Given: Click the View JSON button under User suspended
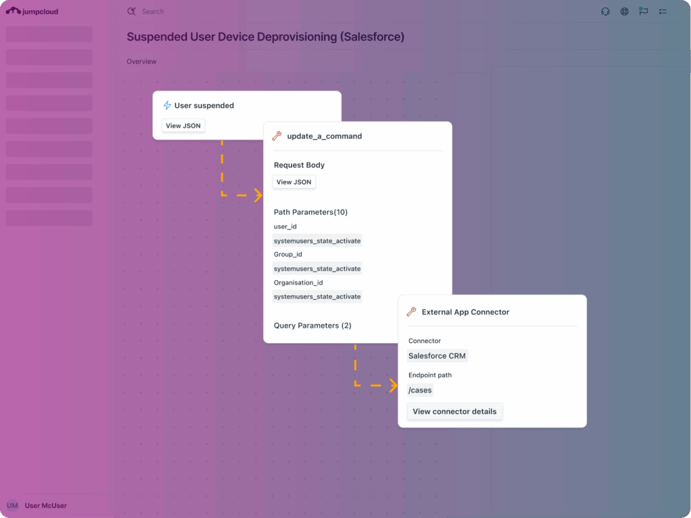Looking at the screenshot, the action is [x=183, y=126].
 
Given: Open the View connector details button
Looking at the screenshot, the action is [x=454, y=412].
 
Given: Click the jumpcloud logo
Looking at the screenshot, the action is [x=32, y=11].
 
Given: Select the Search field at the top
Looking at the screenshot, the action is [x=153, y=11].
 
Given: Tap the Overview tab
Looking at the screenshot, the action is [x=142, y=61].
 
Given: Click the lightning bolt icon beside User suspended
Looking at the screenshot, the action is [x=167, y=105].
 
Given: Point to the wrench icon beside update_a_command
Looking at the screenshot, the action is [x=277, y=136].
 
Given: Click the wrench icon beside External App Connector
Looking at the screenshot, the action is [x=411, y=312].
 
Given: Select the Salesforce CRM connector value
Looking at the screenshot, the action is [x=437, y=356].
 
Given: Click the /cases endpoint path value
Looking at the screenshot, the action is [x=420, y=390].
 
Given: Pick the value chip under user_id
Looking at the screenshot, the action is [x=317, y=241].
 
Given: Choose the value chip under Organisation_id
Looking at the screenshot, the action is [x=317, y=296].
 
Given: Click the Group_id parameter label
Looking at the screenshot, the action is [x=287, y=254].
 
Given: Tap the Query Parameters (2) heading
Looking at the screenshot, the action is [x=312, y=326].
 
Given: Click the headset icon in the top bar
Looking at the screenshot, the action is [x=605, y=11].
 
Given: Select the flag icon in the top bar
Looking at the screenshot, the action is [x=643, y=11].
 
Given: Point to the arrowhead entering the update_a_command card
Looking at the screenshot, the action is [x=259, y=195].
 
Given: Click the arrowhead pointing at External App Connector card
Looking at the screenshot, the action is [x=393, y=386].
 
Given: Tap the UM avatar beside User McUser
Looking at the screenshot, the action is [x=12, y=506].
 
